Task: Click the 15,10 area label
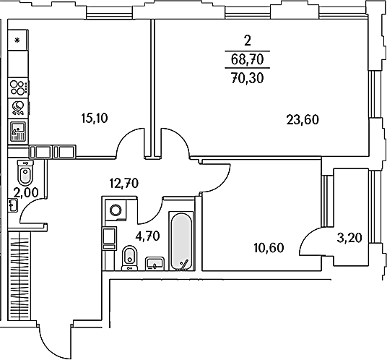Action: click(95, 119)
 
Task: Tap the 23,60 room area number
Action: click(303, 120)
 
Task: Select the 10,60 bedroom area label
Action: click(269, 248)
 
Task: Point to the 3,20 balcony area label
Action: click(349, 238)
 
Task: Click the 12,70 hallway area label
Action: click(124, 184)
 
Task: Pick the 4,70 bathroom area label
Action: click(147, 236)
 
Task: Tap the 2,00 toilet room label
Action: click(26, 192)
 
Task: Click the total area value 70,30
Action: click(248, 78)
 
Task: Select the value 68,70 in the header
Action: click(248, 59)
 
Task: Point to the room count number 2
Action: click(248, 40)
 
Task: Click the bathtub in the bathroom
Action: click(181, 241)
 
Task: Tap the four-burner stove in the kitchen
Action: click(18, 87)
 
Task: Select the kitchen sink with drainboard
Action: click(18, 132)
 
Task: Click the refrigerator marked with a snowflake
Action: click(17, 40)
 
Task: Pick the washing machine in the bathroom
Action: click(116, 210)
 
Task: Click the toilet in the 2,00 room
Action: click(25, 173)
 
